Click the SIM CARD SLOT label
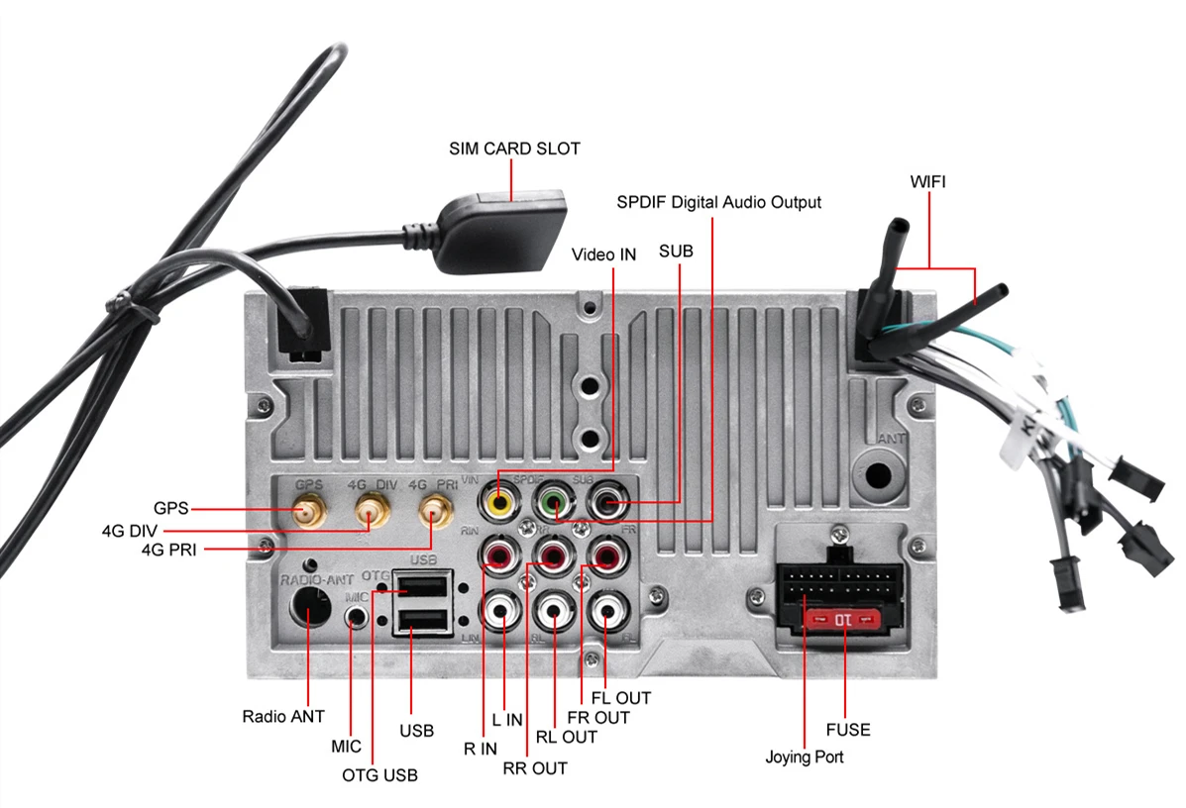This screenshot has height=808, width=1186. click(x=514, y=149)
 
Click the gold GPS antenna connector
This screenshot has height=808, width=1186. click(x=308, y=513)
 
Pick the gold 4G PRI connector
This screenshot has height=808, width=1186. click(x=433, y=513)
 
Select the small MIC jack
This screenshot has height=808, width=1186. click(x=357, y=616)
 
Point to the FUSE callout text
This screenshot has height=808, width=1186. click(x=848, y=730)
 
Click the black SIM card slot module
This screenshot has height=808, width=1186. click(x=503, y=233)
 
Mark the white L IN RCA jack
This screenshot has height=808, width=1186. click(x=499, y=610)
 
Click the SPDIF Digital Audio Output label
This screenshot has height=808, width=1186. click(x=718, y=202)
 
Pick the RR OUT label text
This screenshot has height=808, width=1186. click(x=535, y=767)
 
